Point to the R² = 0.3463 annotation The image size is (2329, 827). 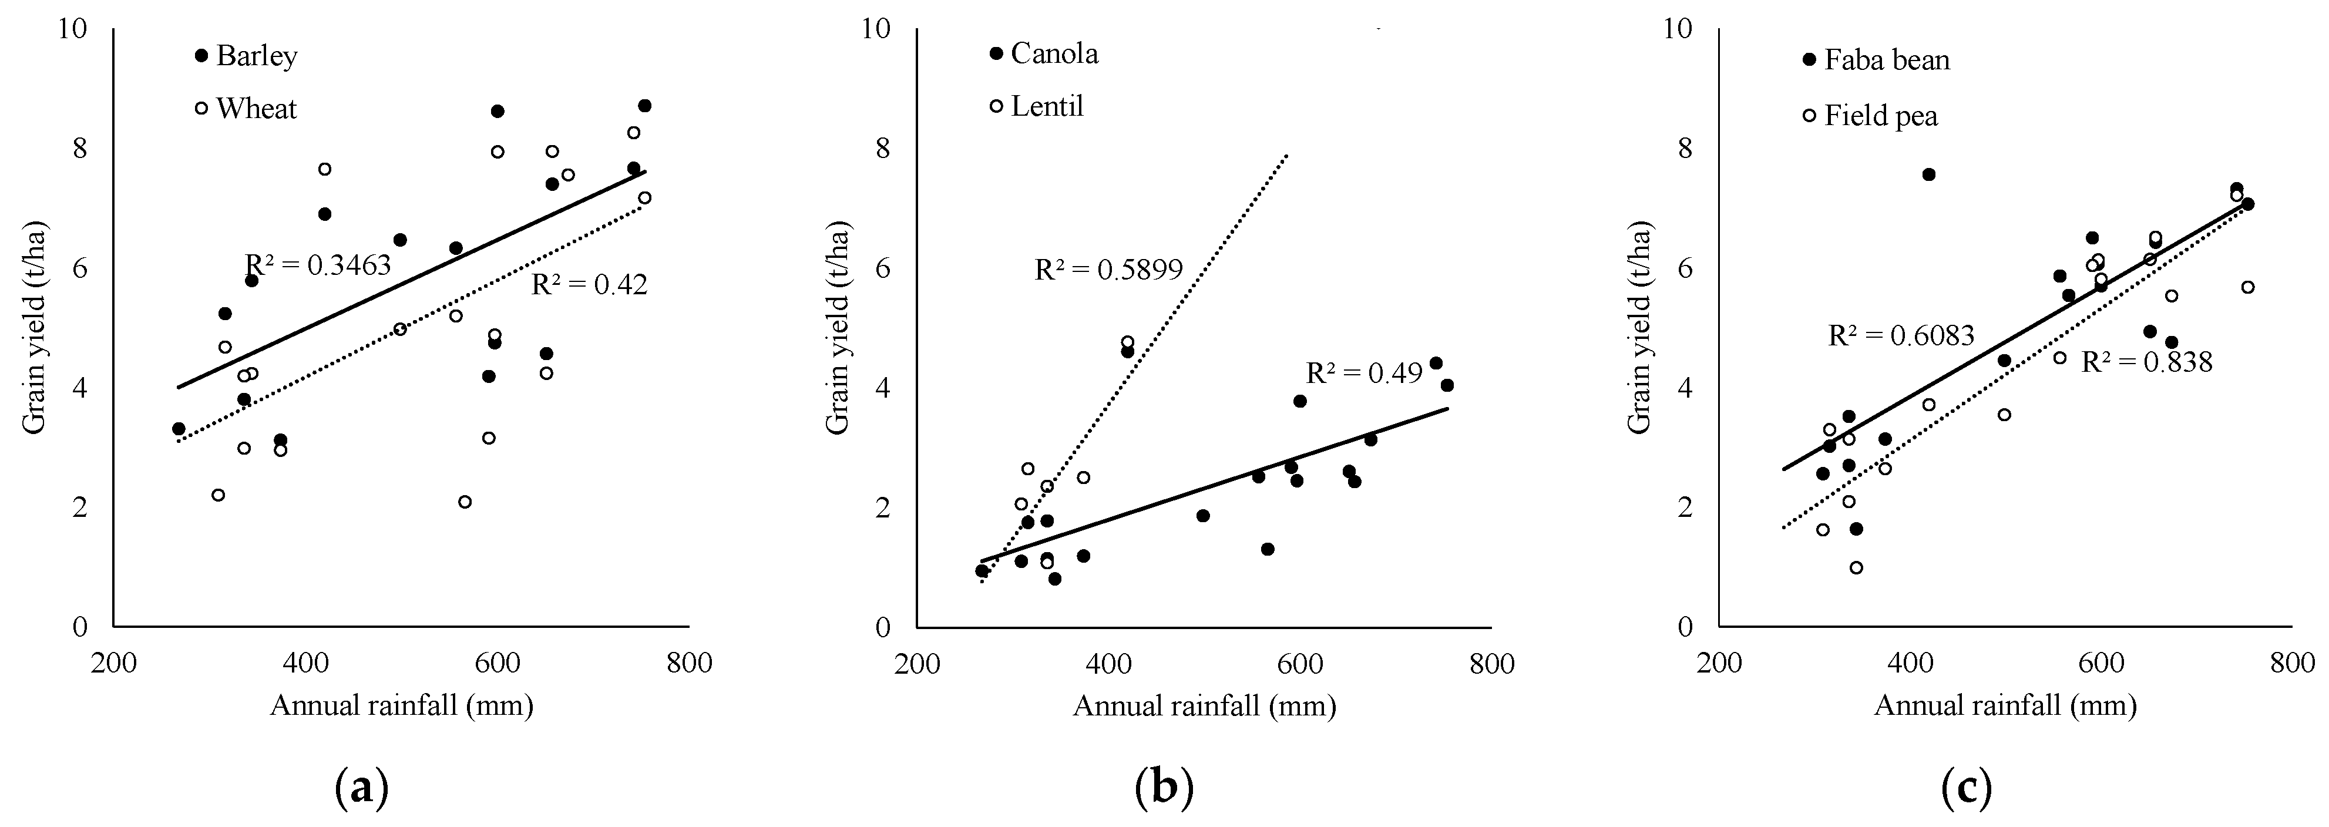tap(318, 265)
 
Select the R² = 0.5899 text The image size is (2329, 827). tap(1108, 270)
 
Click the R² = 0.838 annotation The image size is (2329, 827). tap(2146, 362)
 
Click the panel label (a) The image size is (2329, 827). tap(362, 788)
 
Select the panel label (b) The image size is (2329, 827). tap(1164, 788)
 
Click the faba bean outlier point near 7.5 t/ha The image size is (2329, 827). tap(1928, 174)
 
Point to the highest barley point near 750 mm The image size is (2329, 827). tap(644, 106)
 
